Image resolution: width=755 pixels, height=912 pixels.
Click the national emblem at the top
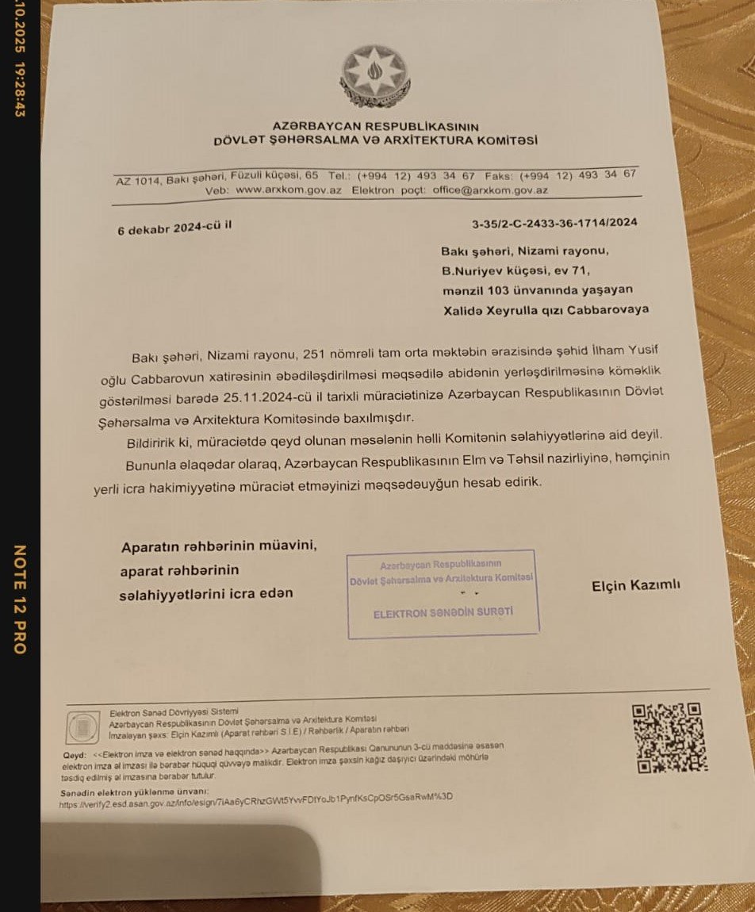(374, 76)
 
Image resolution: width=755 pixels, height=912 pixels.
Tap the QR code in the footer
(669, 738)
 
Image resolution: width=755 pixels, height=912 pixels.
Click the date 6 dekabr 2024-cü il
(174, 228)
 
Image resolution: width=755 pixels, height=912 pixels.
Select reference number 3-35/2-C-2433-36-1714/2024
(554, 223)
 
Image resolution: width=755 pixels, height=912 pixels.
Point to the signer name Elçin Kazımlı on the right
(636, 586)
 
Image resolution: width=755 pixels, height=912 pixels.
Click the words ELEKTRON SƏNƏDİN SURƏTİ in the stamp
(443, 613)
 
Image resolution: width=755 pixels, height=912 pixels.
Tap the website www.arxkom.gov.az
(289, 191)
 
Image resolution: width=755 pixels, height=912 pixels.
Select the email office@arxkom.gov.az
(489, 190)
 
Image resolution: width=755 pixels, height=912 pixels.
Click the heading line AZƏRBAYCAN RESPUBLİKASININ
(375, 126)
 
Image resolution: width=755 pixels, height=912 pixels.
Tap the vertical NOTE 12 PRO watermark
(20, 599)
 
